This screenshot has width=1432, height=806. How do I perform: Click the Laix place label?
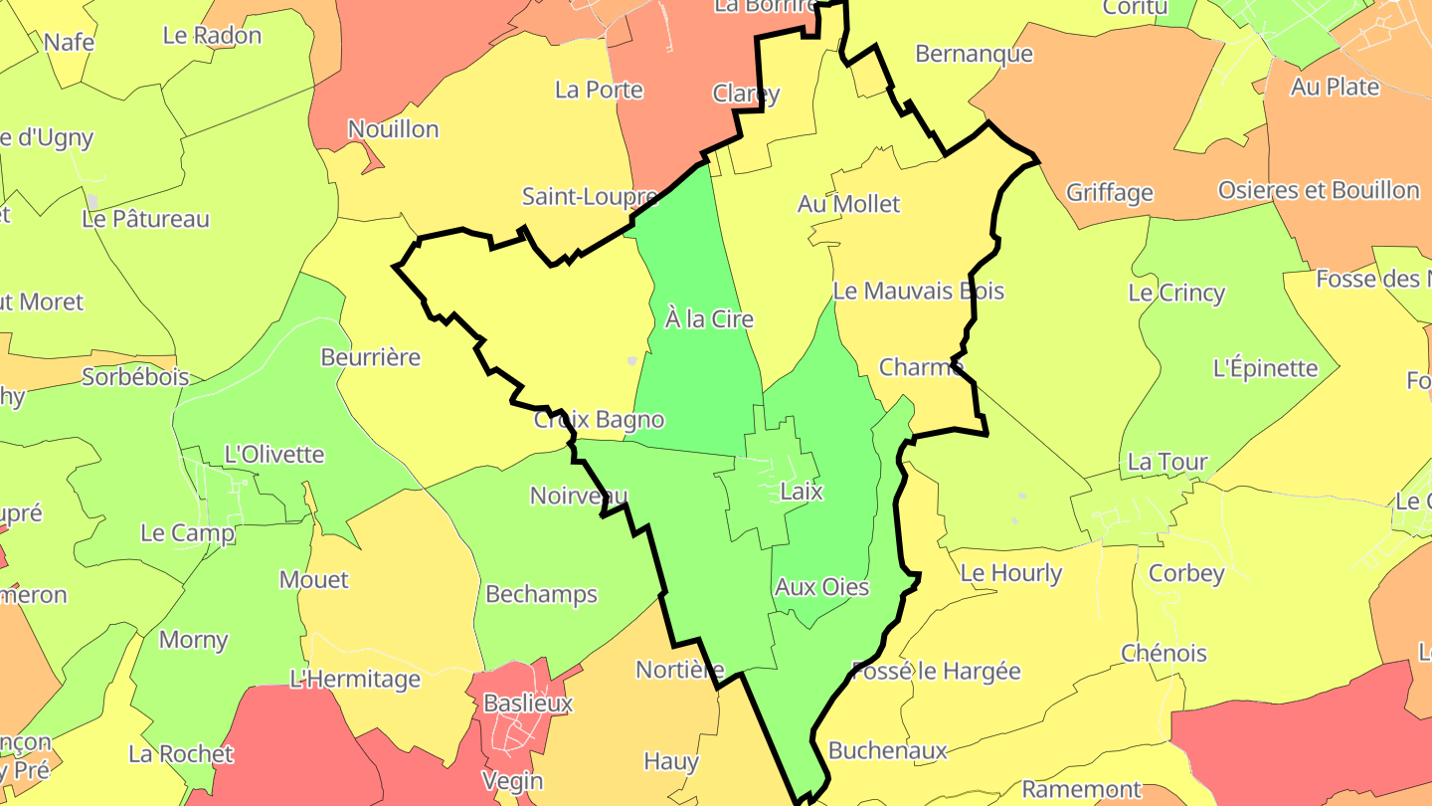click(x=802, y=492)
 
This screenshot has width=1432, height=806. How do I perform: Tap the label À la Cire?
click(x=709, y=319)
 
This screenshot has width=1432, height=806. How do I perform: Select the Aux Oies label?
click(x=821, y=587)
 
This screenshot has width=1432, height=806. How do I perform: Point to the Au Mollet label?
click(x=848, y=204)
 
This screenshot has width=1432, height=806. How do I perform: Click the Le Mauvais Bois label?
click(x=918, y=292)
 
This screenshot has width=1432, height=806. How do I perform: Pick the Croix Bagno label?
click(x=599, y=420)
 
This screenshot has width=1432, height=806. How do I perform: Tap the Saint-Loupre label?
click(x=590, y=196)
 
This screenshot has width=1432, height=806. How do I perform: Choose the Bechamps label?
click(x=541, y=594)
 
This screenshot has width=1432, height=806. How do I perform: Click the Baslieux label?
click(x=528, y=704)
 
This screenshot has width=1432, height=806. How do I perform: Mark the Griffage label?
click(x=1109, y=192)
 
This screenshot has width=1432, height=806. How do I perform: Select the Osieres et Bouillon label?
click(x=1319, y=190)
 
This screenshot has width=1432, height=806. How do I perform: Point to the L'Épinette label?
click(x=1265, y=368)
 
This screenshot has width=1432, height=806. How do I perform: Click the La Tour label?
click(x=1167, y=462)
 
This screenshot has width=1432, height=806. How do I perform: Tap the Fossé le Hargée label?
click(x=936, y=671)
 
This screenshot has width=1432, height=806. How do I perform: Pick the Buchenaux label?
click(x=887, y=750)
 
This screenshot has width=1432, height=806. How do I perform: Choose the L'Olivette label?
click(x=274, y=455)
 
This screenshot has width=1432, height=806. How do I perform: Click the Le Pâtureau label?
click(x=145, y=219)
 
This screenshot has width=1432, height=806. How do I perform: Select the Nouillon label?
click(x=393, y=129)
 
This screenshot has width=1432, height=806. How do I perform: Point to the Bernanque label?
click(x=974, y=54)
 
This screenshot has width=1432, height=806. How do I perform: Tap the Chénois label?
click(x=1163, y=654)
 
